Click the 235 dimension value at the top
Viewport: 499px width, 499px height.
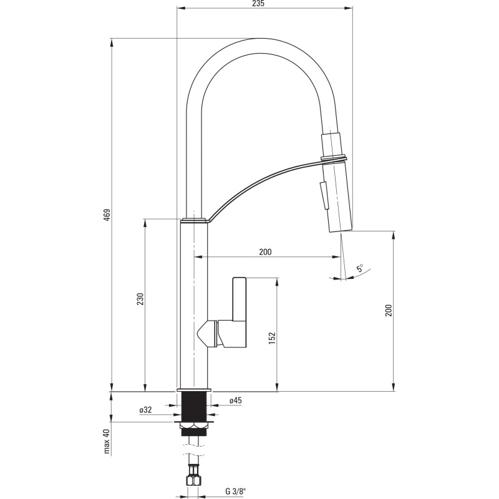click(x=259, y=4)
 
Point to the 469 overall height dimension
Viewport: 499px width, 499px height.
click(x=107, y=215)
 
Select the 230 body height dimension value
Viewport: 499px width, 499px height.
click(x=140, y=299)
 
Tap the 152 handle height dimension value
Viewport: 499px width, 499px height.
click(x=272, y=337)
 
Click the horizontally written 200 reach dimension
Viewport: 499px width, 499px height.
click(x=265, y=252)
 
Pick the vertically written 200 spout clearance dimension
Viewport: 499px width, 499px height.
click(x=389, y=311)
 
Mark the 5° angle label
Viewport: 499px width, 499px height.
click(x=360, y=269)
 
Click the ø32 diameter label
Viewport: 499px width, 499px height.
click(x=145, y=410)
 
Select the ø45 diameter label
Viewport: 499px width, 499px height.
click(x=235, y=401)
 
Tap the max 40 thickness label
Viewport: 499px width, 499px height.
click(x=107, y=442)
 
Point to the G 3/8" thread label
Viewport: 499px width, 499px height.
click(x=236, y=491)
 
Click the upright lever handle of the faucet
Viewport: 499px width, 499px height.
click(x=240, y=299)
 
